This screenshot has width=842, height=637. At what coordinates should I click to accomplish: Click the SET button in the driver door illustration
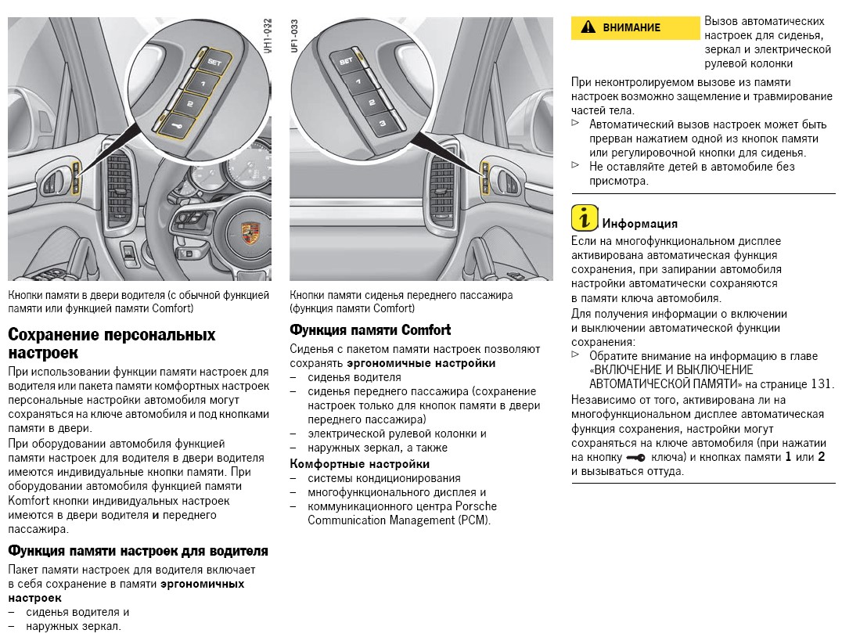tap(213, 64)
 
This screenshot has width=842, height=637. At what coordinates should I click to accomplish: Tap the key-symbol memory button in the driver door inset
tap(177, 126)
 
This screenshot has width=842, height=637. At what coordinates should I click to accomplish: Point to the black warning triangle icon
tap(588, 27)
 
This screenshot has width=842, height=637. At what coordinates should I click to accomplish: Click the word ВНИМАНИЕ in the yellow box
tap(631, 27)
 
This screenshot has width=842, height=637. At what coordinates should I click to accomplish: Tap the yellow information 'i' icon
tap(585, 218)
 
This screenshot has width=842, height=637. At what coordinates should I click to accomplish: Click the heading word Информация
tap(639, 224)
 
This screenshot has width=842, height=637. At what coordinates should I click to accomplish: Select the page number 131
tap(821, 384)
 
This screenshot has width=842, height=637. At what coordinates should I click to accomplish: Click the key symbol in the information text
tap(635, 458)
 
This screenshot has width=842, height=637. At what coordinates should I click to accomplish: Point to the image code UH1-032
tap(268, 35)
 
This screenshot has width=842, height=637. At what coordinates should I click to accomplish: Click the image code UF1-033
tap(294, 35)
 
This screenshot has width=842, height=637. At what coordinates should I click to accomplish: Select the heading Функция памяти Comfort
tap(370, 329)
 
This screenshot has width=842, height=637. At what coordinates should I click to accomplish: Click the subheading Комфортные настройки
tap(360, 463)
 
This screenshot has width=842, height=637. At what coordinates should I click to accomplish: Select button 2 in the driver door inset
tap(189, 103)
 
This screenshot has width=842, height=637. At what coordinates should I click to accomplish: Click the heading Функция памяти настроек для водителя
tap(138, 551)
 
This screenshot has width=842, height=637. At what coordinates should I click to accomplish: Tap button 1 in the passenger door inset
tap(358, 81)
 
